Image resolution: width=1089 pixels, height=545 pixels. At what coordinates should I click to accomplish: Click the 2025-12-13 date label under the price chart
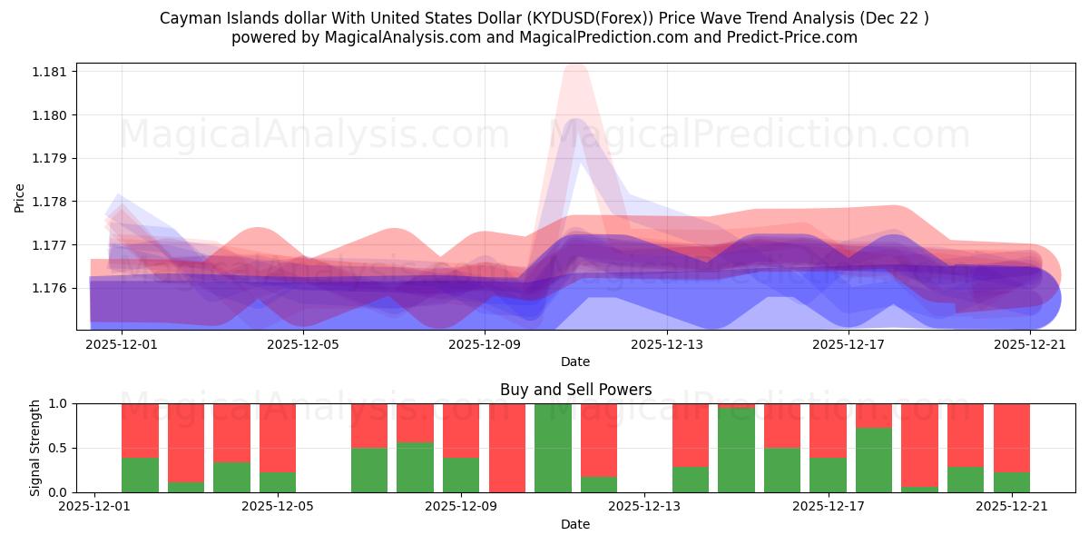pyautogui.click(x=666, y=344)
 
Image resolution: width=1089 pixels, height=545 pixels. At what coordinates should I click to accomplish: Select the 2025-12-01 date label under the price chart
pyautogui.click(x=121, y=344)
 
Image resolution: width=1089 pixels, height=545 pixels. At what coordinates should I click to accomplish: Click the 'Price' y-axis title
pyautogui.click(x=20, y=197)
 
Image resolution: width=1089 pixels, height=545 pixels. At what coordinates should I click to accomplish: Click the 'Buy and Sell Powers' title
pyautogui.click(x=575, y=390)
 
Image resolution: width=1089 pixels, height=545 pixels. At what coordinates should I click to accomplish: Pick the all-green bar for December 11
pyautogui.click(x=553, y=447)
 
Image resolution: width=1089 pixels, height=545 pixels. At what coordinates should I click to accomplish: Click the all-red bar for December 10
pyautogui.click(x=507, y=447)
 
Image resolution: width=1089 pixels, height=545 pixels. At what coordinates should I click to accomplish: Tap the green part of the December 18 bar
pyautogui.click(x=874, y=460)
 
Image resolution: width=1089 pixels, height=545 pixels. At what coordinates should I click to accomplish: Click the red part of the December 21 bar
pyautogui.click(x=1011, y=437)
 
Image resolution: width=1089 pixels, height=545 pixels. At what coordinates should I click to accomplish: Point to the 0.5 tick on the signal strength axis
pyautogui.click(x=60, y=448)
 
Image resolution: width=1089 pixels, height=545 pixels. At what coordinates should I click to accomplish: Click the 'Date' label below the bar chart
pyautogui.click(x=575, y=524)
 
